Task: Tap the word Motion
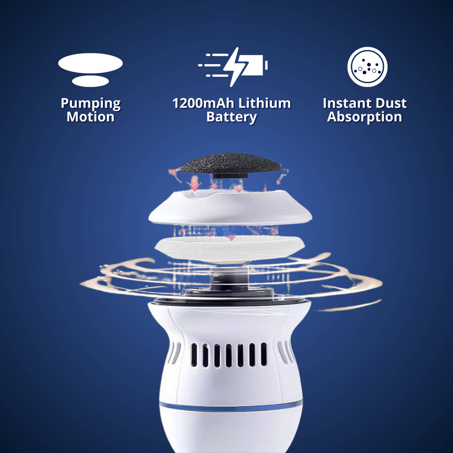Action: point(91,117)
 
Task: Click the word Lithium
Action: point(265,103)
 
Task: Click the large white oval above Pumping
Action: point(90,63)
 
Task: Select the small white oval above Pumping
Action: point(90,81)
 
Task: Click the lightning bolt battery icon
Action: point(233,67)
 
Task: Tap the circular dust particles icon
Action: point(367,67)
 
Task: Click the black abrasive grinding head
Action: point(230,165)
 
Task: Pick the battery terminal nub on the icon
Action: point(266,65)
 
